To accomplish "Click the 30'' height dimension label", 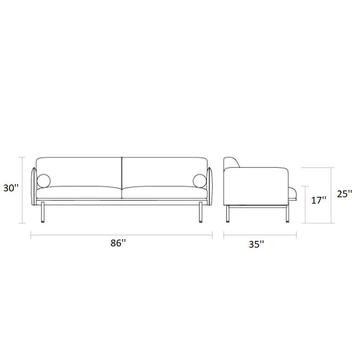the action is (x=11, y=188).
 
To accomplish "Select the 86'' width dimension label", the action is (x=118, y=243).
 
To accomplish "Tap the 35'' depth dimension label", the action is (x=256, y=244).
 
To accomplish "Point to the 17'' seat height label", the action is (x=319, y=200).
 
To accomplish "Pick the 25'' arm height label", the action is (x=345, y=194).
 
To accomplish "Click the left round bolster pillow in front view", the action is (x=44, y=181).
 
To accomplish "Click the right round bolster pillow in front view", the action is (x=200, y=181).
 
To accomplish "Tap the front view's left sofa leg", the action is (x=43, y=212).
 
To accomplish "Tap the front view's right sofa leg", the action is (x=200, y=212).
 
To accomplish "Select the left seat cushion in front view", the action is (x=79, y=192).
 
